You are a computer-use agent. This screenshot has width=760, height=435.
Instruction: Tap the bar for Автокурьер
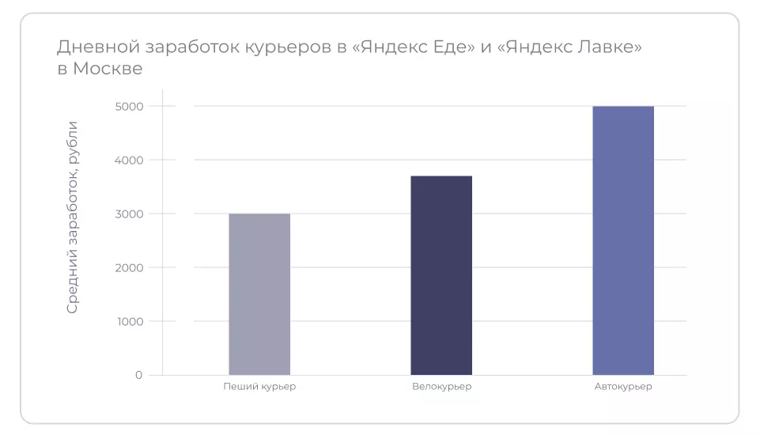pos(623,240)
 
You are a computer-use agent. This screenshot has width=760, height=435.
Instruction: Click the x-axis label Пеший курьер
pos(259,387)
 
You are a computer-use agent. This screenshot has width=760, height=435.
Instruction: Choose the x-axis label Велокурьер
pos(441,387)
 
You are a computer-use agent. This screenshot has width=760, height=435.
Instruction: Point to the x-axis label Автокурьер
pos(623,387)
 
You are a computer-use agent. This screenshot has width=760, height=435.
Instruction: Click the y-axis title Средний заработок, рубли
pos(73,217)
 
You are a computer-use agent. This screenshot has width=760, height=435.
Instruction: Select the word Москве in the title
pos(108,69)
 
